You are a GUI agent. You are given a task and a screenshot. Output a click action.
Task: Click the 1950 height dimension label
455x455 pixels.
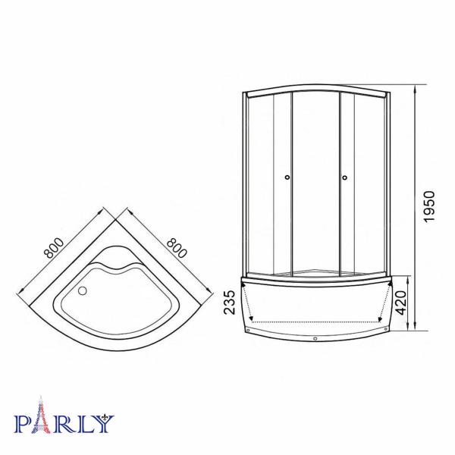coord(429,206)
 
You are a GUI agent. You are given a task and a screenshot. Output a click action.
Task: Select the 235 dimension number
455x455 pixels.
coord(229,303)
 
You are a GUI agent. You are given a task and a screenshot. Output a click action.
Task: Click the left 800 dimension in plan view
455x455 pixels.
coord(54,248)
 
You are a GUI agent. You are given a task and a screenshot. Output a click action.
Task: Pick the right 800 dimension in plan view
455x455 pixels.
coord(177,248)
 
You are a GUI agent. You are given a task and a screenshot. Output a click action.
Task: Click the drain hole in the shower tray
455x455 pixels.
coord(83,290)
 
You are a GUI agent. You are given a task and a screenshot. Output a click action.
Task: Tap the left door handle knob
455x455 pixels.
coord(287,177)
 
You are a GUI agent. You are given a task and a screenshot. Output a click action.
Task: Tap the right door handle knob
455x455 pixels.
coord(345,177)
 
